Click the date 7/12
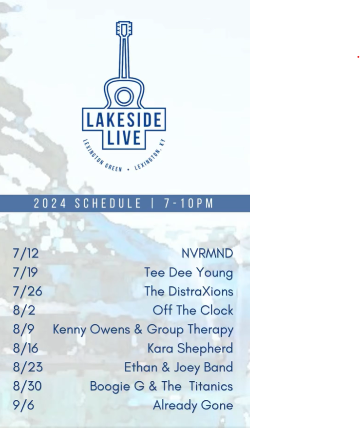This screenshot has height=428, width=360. coord(26,253)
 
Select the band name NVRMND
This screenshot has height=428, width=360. coord(208,253)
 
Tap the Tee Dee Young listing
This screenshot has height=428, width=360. coord(189,273)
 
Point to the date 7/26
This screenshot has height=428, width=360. coord(28,291)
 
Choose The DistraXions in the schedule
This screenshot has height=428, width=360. coord(189,291)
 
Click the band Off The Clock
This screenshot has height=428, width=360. coord(193,310)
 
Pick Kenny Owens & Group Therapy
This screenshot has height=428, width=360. coord(143,330)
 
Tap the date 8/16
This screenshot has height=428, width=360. coord(25,348)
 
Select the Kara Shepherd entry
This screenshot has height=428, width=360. coord(190,348)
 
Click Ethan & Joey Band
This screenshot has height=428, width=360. coord(179,368)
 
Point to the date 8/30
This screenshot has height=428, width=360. coord(27,386)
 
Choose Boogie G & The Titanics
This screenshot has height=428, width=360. coord(161,387)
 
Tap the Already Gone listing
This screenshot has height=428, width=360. coord(193,405)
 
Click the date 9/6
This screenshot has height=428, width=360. coord(23,405)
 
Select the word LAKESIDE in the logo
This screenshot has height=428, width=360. coord(124,120)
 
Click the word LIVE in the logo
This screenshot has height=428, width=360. coord(124,138)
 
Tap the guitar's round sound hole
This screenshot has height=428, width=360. coord(124,96)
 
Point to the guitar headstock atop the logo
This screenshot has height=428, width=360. coord(124,28)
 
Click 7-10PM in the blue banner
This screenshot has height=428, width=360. coord(189,204)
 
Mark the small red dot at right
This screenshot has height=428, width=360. coord(358,57)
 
